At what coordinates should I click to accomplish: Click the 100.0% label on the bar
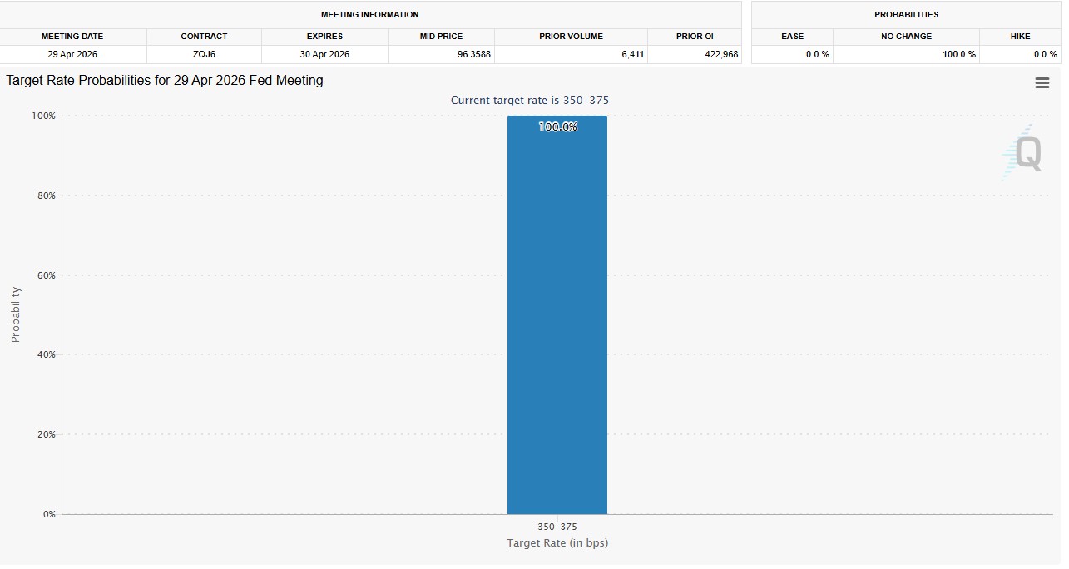557,127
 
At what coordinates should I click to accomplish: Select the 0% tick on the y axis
49,514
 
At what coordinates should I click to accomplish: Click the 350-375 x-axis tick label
557,527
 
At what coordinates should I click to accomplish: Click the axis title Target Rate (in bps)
557,543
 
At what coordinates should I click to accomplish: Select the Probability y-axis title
15,314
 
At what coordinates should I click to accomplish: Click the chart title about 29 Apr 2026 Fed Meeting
165,81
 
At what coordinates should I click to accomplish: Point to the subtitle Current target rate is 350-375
529,101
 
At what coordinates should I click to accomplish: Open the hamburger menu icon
1042,83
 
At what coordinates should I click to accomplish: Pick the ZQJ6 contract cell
204,54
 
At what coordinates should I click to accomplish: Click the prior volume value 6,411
631,54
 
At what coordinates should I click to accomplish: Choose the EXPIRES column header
324,37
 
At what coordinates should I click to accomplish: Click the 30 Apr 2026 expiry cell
324,54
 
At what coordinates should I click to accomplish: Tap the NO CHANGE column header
906,37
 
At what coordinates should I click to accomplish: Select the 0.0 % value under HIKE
1046,54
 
